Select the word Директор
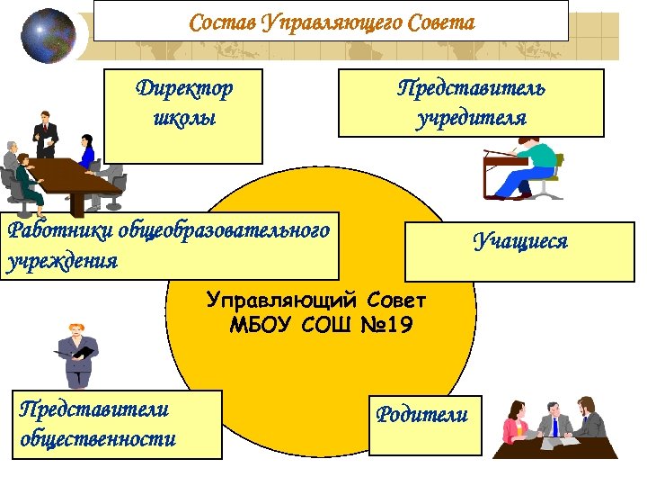(x=184, y=88)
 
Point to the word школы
(x=184, y=118)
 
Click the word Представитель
(x=472, y=88)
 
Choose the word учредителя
(x=472, y=118)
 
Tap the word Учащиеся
(x=521, y=240)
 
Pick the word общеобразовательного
(x=219, y=230)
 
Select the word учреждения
(x=62, y=261)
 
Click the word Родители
(x=422, y=414)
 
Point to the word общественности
(x=97, y=438)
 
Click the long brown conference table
(x=67, y=180)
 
